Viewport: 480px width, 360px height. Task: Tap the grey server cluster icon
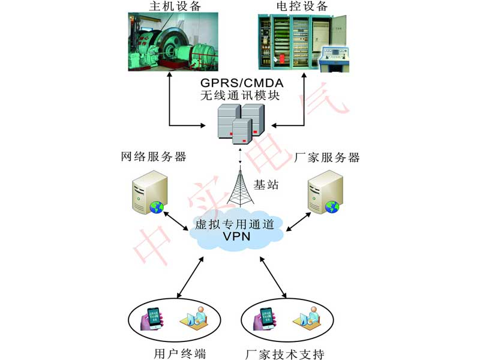(240, 123)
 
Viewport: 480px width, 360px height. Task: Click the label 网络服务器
(154, 158)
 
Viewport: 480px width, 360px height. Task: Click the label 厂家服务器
(328, 158)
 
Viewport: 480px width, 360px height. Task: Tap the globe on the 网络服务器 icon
(157, 208)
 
